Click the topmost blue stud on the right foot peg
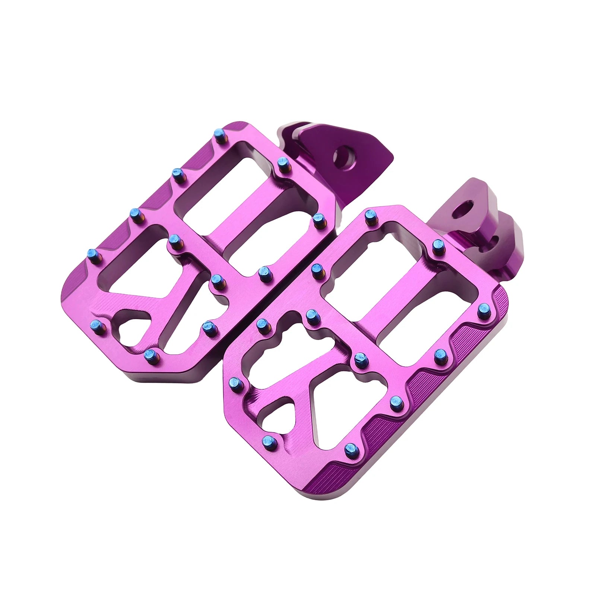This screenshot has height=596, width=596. [x=370, y=215]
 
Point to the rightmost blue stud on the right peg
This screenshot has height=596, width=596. [x=484, y=308]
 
